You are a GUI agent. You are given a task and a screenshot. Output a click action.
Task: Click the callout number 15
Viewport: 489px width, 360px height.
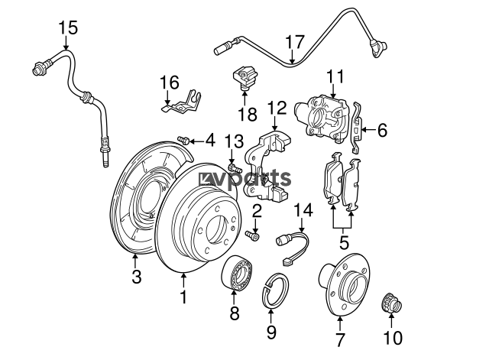tap(68, 28)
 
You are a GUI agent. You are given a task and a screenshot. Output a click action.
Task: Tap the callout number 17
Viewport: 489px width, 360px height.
tap(295, 42)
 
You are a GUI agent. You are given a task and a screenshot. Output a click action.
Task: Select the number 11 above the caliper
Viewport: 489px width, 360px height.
tap(335, 76)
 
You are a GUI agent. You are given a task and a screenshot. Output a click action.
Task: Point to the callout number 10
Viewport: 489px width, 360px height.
tap(393, 338)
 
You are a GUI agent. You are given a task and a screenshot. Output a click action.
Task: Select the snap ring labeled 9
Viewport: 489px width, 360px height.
tap(275, 291)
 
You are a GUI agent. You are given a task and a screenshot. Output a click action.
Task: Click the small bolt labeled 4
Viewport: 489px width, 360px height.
tap(183, 140)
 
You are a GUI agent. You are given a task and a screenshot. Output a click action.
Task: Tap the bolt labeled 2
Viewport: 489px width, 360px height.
tap(253, 235)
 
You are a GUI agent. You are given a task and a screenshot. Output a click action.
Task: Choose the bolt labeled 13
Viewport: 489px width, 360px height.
tap(235, 167)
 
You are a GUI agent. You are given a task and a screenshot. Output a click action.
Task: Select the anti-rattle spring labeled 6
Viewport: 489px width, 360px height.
tap(357, 128)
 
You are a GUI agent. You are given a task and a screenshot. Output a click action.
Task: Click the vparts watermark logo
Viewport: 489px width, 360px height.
tap(245, 179)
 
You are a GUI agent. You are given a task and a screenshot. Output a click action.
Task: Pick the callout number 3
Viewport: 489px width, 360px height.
tap(136, 277)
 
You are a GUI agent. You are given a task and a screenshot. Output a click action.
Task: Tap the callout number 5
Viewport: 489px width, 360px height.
tap(344, 243)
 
